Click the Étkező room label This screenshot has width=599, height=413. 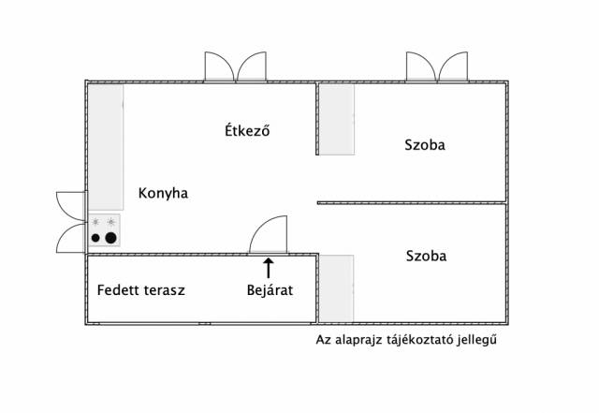click(247, 130)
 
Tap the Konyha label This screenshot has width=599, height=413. click(163, 193)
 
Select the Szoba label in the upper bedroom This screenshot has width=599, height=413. click(425, 145)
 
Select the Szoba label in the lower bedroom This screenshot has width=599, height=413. click(427, 256)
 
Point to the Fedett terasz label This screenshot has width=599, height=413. click(141, 290)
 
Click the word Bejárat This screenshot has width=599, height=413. click(270, 290)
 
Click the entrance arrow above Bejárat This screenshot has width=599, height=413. click(269, 268)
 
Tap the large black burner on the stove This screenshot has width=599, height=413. click(110, 238)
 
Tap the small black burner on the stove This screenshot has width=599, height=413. click(95, 238)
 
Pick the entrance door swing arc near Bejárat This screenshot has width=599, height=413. click(261, 225)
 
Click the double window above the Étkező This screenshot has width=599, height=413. click(235, 66)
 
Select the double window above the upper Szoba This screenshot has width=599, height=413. click(437, 66)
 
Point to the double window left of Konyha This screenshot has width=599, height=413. click(71, 222)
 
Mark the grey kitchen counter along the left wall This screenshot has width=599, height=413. click(106, 147)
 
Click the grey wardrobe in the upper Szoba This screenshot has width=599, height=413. click(337, 119)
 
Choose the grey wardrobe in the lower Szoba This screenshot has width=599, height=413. click(336, 288)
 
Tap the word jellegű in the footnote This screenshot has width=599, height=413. click(477, 339)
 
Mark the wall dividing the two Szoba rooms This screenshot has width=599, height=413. click(412, 202)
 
